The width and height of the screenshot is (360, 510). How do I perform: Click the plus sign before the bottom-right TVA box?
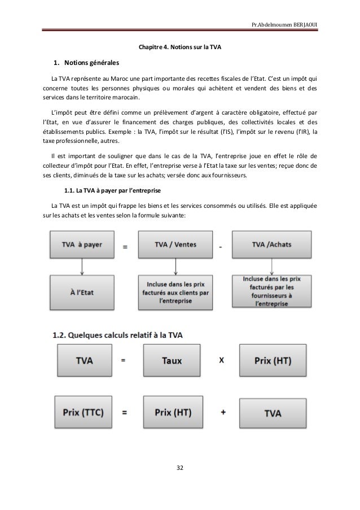[224, 413]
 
